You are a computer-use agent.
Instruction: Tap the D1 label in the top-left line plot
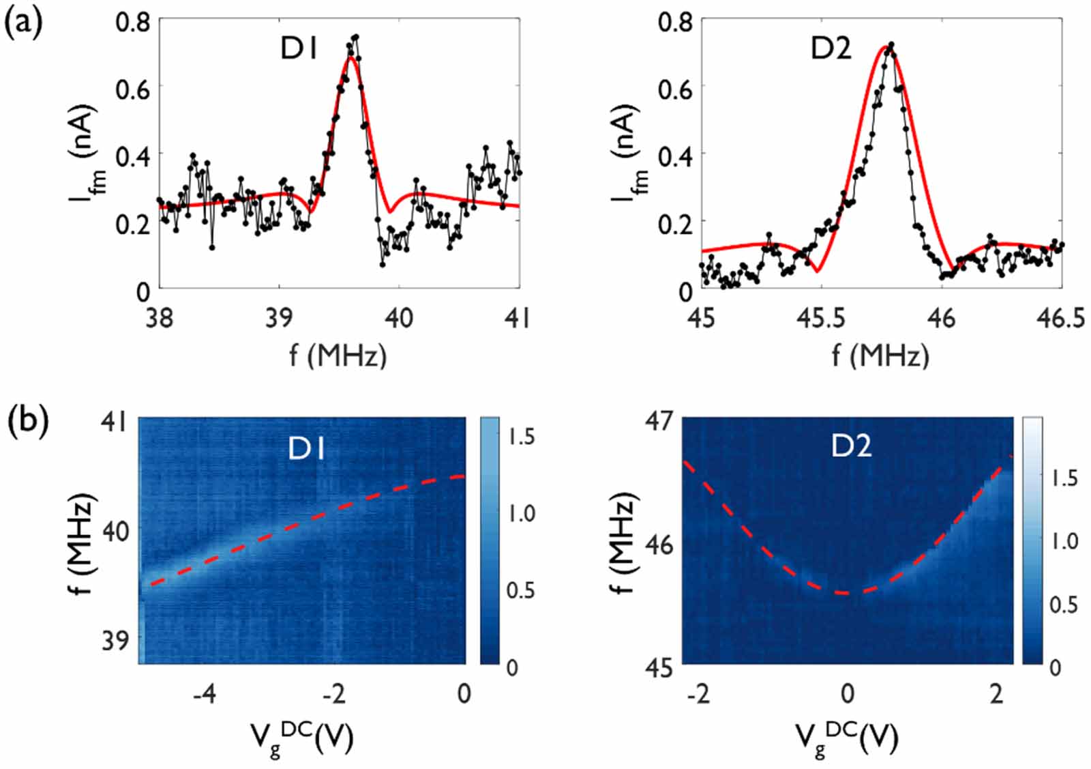tap(299, 49)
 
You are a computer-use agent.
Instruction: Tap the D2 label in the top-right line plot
tap(831, 49)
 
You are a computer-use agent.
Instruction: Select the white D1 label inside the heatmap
tap(306, 448)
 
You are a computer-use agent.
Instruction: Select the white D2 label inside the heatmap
tap(852, 446)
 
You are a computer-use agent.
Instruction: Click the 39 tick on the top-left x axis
tap(279, 318)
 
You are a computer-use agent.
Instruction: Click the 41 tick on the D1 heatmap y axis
tap(113, 421)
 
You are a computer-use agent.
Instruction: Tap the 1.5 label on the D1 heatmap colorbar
tap(521, 437)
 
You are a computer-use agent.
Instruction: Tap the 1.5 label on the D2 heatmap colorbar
tap(1064, 478)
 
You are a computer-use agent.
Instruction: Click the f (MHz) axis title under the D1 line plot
tap(338, 356)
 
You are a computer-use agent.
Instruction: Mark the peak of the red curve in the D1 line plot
tap(350, 57)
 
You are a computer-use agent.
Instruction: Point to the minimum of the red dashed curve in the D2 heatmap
tap(846, 593)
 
